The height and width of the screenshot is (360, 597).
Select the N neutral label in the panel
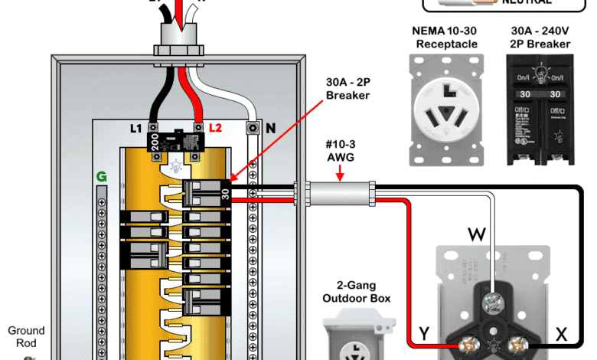click(x=270, y=128)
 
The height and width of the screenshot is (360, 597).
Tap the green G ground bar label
click(x=101, y=177)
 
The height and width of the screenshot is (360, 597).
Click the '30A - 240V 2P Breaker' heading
click(x=540, y=38)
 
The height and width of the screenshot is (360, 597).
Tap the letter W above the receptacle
click(x=475, y=232)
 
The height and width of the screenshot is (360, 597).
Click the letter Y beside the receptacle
click(x=423, y=334)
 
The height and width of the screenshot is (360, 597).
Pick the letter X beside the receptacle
click(x=561, y=334)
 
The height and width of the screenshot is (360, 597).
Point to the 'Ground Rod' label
click(x=26, y=337)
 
